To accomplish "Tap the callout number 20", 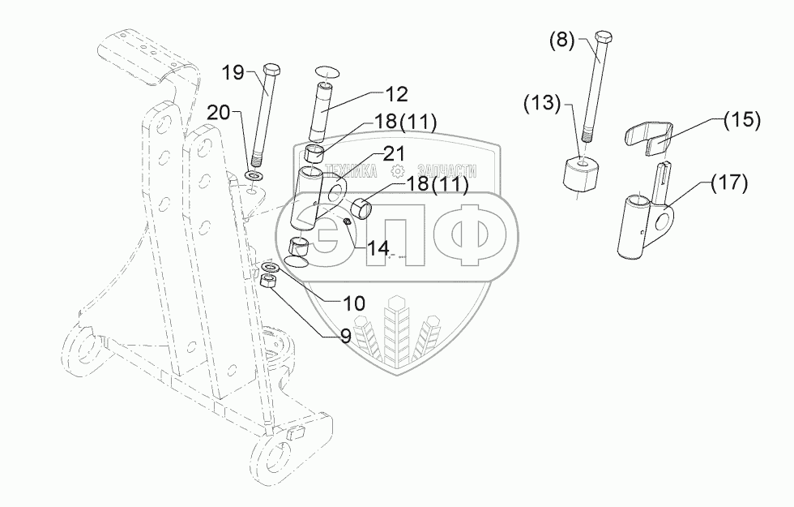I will [x=218, y=112].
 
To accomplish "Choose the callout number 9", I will [x=346, y=335].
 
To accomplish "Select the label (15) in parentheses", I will [x=742, y=120].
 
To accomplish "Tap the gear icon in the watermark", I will [x=397, y=171].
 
